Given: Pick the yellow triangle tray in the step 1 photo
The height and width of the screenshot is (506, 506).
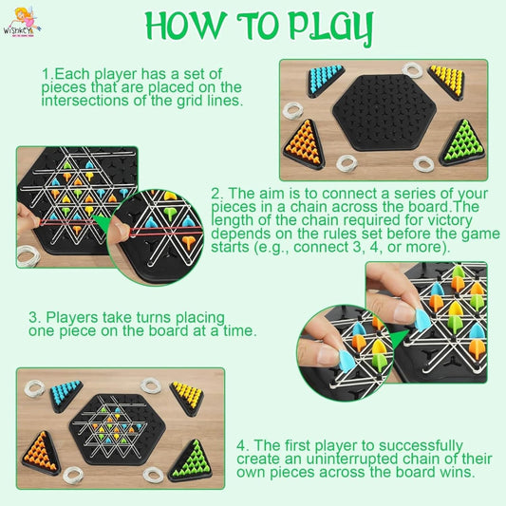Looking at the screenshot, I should coord(445,80).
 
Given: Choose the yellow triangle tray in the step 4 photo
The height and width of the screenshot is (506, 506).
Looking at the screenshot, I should coord(187,393).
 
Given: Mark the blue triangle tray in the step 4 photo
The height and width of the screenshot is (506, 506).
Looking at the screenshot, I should coord(65,392).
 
